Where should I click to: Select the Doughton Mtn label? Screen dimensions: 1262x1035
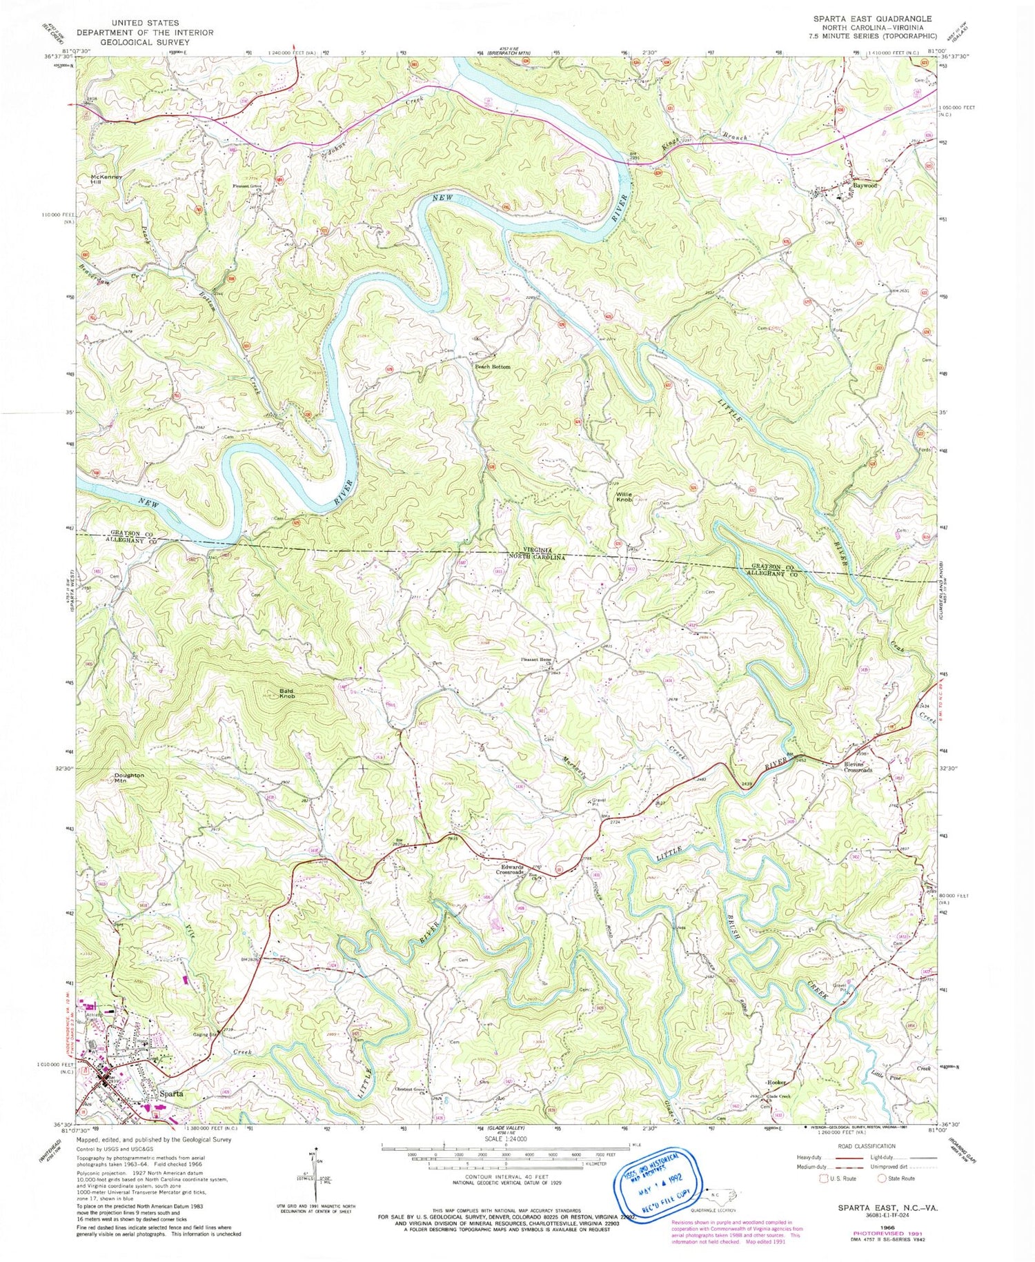click(130, 778)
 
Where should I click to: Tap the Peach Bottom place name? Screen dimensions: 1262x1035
click(492, 367)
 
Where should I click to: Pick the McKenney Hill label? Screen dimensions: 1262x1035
click(106, 179)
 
